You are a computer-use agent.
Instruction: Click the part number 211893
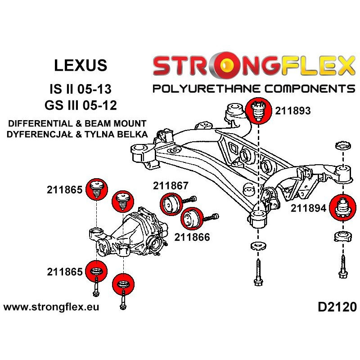click(293, 111)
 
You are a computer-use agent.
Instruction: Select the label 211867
click(171, 185)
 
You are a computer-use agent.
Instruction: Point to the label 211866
click(193, 237)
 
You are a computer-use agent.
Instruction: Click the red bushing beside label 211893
click(259, 110)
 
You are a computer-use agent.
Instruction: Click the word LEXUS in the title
click(81, 65)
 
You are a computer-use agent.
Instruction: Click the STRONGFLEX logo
click(253, 66)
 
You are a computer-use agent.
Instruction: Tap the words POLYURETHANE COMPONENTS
click(253, 88)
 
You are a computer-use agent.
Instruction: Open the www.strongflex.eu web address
click(51, 307)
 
